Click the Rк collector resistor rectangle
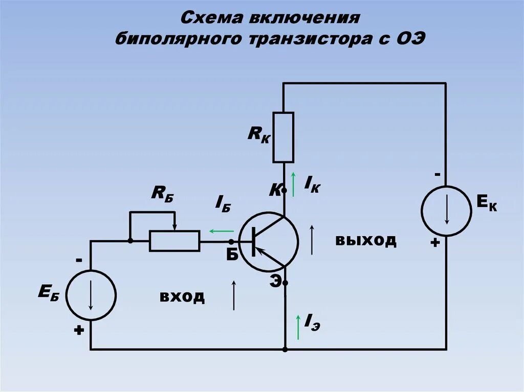[x=283, y=137]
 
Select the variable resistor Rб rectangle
[x=174, y=241]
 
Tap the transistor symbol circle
[x=268, y=241]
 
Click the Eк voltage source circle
[x=446, y=211]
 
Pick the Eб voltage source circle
[x=91, y=295]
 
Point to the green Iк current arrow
[x=294, y=185]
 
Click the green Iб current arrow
[x=221, y=231]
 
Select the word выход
[x=366, y=240]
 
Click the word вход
[x=182, y=296]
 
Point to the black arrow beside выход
[x=312, y=239]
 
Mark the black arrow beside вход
[x=234, y=295]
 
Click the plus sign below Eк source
[x=435, y=243]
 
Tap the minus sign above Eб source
[x=79, y=260]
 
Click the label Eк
[x=487, y=204]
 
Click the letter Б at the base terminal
[x=232, y=255]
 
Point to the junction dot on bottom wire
[x=285, y=350]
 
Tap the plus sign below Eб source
[x=78, y=331]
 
